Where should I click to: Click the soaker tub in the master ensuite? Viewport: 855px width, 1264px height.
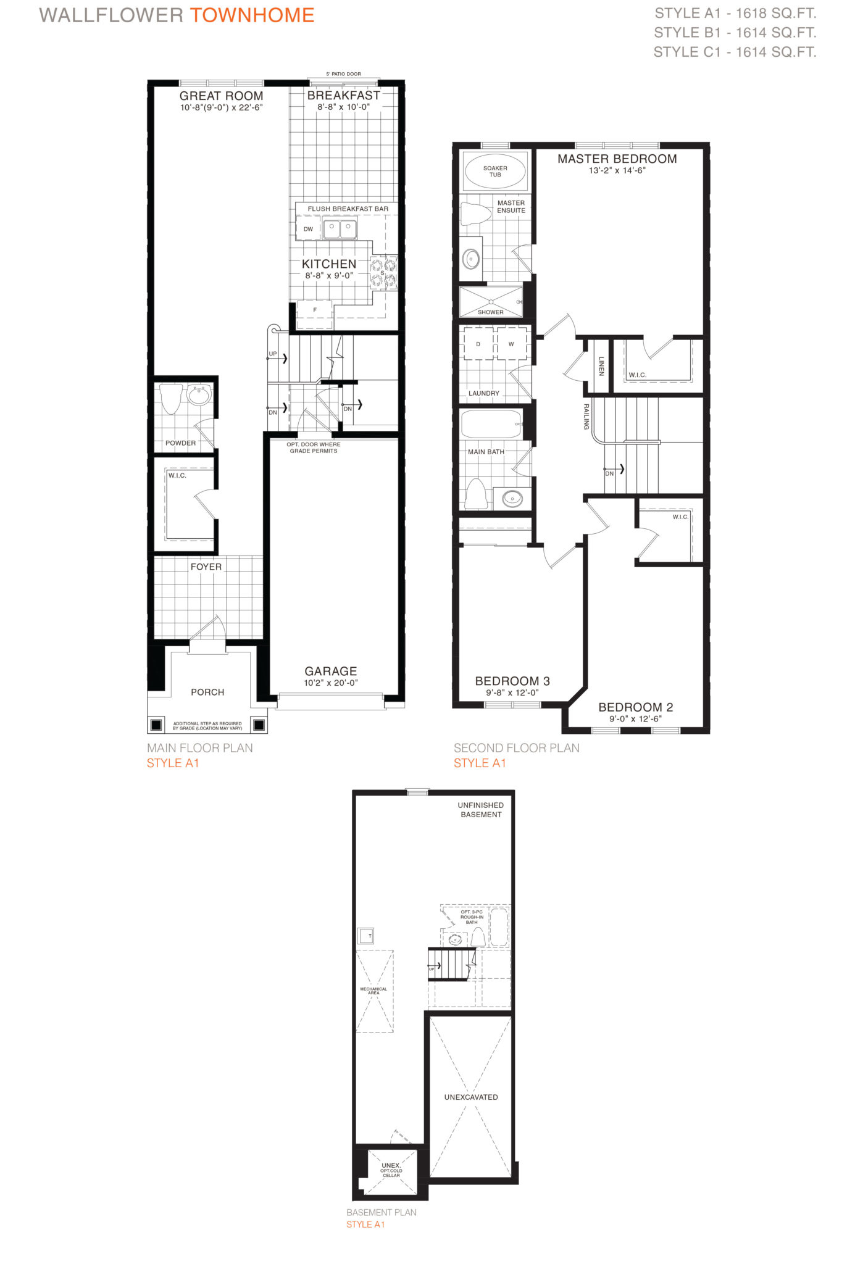[x=495, y=171]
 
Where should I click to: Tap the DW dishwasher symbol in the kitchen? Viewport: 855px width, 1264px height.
[x=308, y=229]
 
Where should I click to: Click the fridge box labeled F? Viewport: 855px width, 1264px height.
[x=315, y=310]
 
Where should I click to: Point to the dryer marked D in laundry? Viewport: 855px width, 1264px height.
[x=478, y=344]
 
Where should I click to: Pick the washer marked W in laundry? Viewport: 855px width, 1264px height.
[x=511, y=344]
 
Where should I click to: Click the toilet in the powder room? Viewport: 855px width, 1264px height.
[x=171, y=399]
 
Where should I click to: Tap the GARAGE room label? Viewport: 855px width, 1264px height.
[x=331, y=671]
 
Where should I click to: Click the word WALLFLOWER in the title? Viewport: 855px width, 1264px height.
[x=111, y=15]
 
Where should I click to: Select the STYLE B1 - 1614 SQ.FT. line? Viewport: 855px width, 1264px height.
[x=735, y=33]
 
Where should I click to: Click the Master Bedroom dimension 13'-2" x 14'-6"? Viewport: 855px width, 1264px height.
[x=617, y=170]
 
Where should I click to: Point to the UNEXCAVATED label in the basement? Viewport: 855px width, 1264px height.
[x=471, y=1097]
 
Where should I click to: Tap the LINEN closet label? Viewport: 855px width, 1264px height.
[x=601, y=366]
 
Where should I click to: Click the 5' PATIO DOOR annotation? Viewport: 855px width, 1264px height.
[x=344, y=74]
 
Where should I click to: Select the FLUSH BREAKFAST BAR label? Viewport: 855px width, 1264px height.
[x=348, y=209]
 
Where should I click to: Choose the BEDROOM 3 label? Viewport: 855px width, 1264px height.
[x=512, y=681]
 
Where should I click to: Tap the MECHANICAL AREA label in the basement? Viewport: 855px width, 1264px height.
[x=373, y=991]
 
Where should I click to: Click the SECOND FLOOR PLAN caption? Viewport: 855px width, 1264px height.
[x=517, y=748]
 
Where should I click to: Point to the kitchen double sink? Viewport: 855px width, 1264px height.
[x=340, y=230]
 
